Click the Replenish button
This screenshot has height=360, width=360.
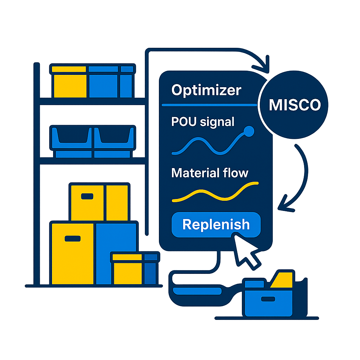(216, 225)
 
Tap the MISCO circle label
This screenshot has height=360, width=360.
(295, 105)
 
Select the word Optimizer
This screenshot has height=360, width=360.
(206, 90)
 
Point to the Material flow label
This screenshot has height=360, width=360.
(210, 173)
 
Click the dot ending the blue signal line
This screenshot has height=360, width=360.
(249, 131)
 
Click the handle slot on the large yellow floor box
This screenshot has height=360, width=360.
(72, 239)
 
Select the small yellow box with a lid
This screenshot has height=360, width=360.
(127, 269)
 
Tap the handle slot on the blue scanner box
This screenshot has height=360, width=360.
(268, 299)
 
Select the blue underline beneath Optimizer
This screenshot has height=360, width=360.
(210, 105)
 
